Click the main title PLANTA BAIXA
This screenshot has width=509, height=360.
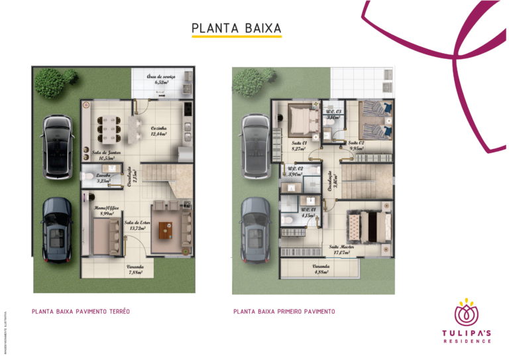[236, 29]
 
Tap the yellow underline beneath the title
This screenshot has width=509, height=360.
[236, 37]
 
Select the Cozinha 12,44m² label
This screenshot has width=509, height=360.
[158, 131]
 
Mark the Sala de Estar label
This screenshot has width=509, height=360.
[137, 225]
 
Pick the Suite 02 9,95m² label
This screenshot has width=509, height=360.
[357, 145]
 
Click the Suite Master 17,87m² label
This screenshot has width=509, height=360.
[342, 249]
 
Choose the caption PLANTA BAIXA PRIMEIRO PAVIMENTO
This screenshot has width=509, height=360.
[284, 311]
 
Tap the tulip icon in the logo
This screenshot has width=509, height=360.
[467, 312]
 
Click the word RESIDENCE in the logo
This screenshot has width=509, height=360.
[468, 341]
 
